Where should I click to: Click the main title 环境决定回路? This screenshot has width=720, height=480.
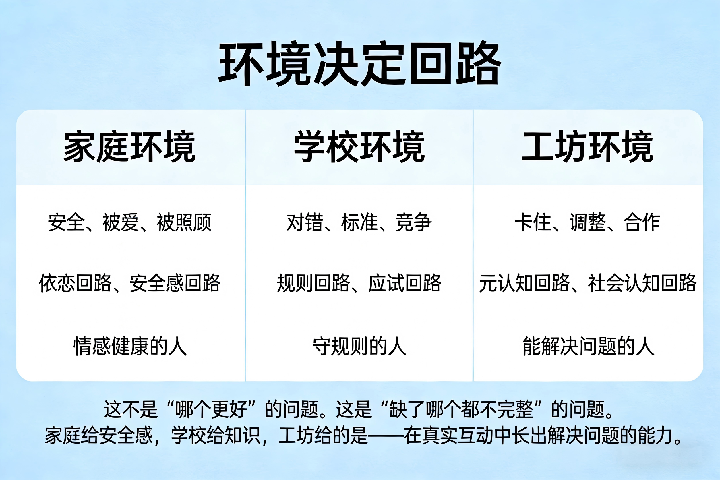(360, 63)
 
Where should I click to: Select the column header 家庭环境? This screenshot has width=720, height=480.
(130, 146)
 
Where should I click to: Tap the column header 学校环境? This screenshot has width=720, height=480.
(360, 146)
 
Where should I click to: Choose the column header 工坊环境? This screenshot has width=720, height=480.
(588, 146)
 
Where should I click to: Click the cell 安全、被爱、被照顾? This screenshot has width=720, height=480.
(130, 222)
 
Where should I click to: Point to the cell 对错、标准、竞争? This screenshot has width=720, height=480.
(359, 222)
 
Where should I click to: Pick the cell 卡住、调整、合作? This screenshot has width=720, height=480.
(587, 222)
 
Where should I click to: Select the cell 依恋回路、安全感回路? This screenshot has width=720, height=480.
(129, 283)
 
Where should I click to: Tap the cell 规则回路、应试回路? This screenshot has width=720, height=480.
(359, 283)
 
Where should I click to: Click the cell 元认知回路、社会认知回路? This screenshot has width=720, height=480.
(588, 283)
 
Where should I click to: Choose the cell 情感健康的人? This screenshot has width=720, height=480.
(130, 346)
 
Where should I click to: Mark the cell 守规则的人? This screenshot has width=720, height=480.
(360, 346)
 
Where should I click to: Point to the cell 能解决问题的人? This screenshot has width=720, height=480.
(588, 346)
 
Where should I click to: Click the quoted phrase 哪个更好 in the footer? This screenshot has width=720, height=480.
(211, 409)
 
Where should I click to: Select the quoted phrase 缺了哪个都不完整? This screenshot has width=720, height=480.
(461, 409)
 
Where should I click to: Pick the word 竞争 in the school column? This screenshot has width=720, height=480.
(414, 222)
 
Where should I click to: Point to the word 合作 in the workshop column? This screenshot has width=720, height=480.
(642, 222)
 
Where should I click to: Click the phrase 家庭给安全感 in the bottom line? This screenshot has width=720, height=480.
(98, 435)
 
